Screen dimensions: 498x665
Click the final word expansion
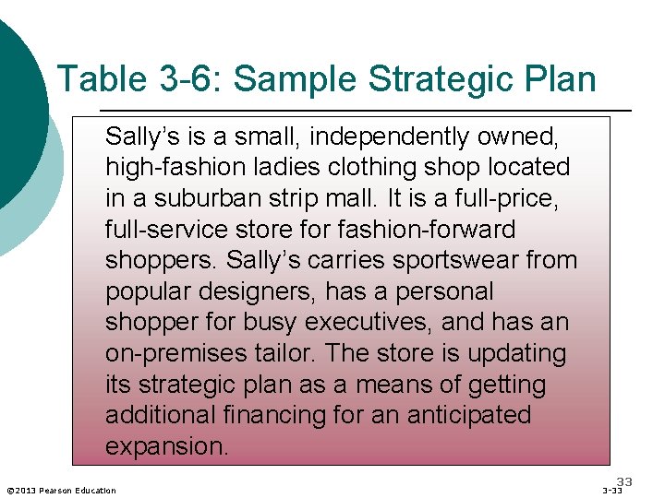pyautogui.click(x=166, y=446)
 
